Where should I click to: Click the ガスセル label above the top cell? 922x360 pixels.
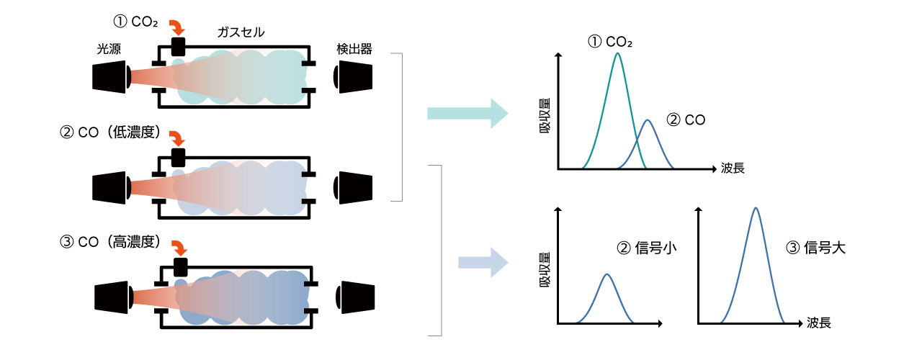[241, 32]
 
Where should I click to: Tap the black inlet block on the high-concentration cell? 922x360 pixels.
[179, 266]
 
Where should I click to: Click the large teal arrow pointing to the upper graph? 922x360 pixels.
[467, 113]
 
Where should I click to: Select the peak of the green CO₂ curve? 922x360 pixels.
[617, 53]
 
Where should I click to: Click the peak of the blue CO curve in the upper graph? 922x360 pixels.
[648, 121]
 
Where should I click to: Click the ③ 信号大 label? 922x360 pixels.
[815, 248]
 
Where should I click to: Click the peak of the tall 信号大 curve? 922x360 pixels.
[755, 209]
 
